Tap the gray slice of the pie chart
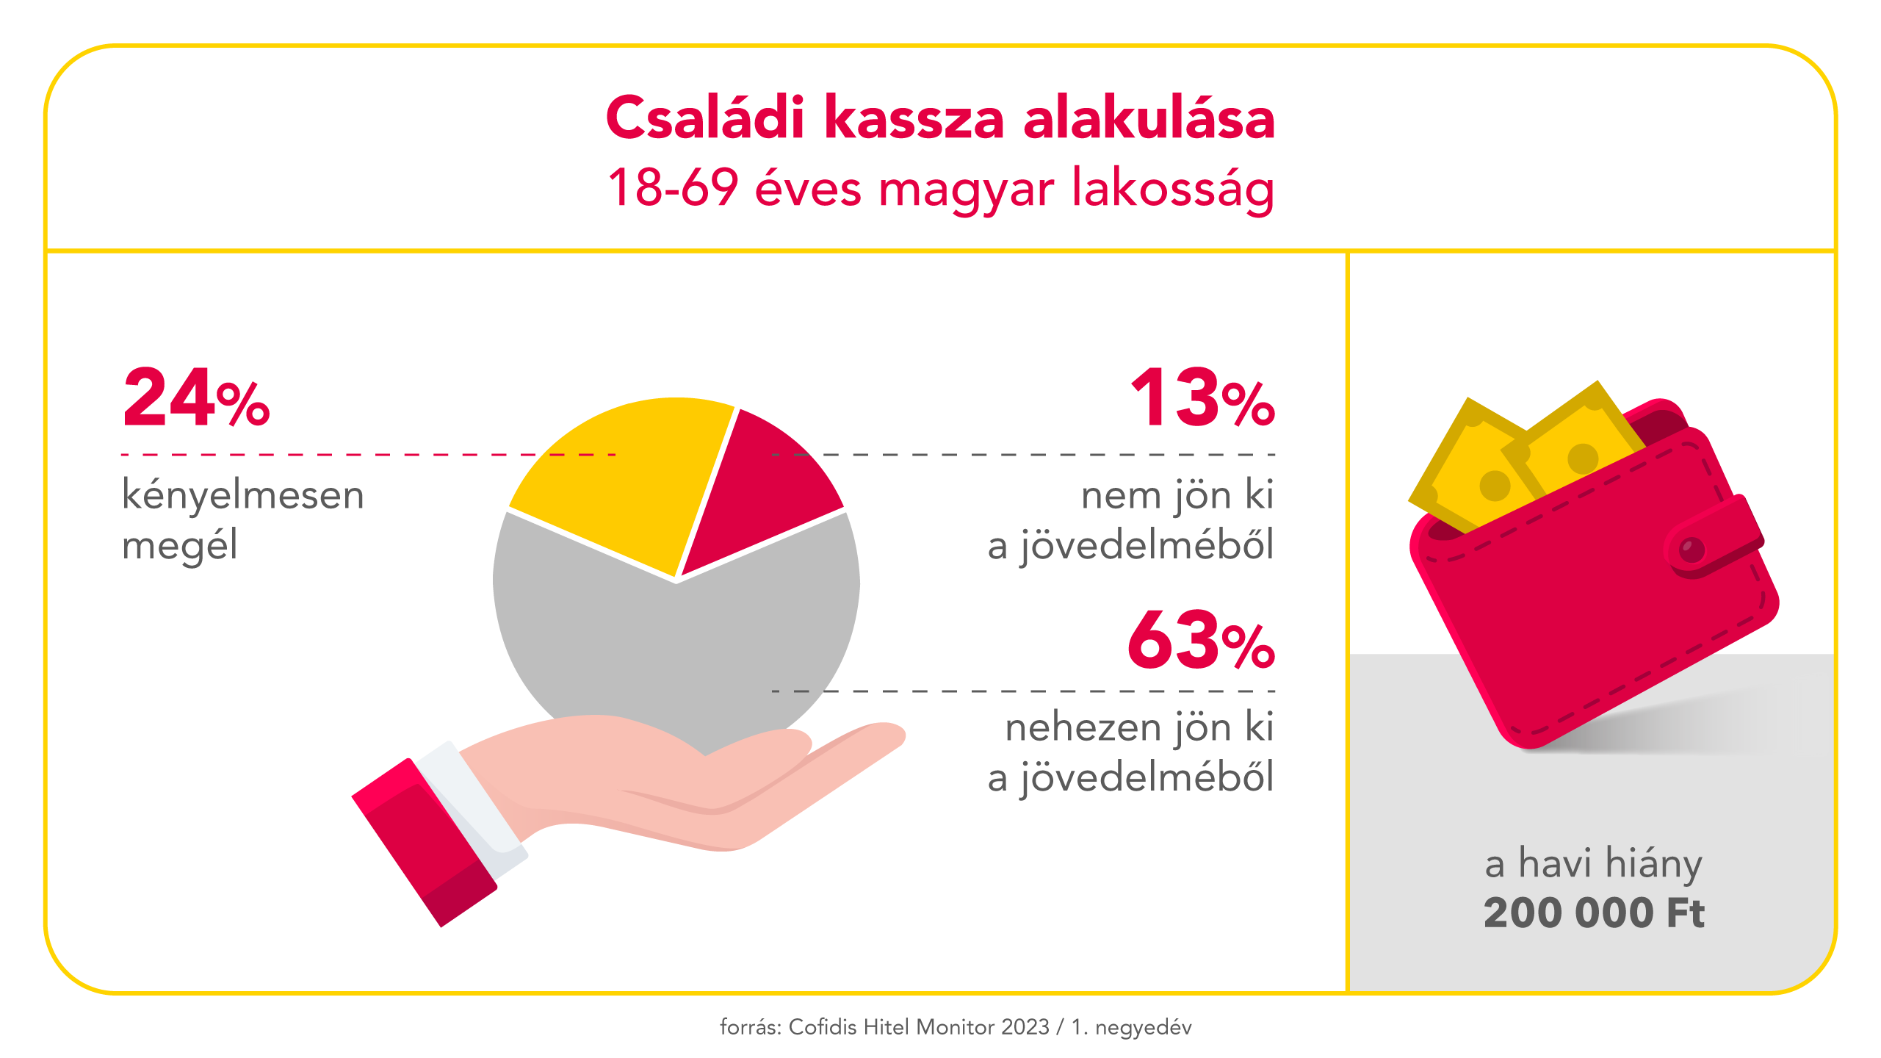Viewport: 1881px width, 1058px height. click(x=676, y=647)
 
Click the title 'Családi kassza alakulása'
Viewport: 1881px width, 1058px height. click(x=940, y=118)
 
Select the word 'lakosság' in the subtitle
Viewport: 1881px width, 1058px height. click(x=1172, y=189)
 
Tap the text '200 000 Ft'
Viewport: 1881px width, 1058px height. click(x=1593, y=913)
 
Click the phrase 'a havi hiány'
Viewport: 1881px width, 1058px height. click(x=1593, y=863)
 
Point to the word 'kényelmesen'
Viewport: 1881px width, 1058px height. click(x=243, y=494)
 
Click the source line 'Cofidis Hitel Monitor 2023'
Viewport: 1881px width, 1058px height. click(x=918, y=1027)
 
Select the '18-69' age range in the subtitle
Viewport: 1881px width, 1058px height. click(x=672, y=189)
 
